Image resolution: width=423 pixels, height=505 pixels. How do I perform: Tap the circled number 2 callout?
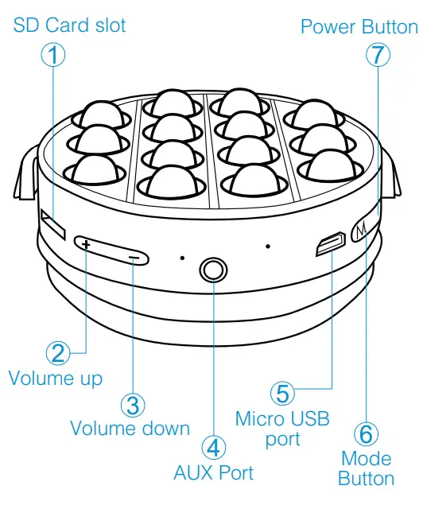[57, 353]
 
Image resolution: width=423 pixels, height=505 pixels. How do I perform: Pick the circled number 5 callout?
[283, 394]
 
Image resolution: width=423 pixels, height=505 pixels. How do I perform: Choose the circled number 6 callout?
[366, 434]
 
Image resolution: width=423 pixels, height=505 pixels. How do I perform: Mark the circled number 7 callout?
[378, 55]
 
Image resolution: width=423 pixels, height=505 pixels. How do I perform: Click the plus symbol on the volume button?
[85, 244]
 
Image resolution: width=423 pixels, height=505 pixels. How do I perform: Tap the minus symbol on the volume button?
[137, 258]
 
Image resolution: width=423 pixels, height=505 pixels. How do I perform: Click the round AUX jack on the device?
[212, 270]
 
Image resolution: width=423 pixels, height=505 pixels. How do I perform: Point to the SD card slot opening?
[53, 224]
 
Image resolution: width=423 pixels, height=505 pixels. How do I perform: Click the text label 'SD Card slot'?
[70, 25]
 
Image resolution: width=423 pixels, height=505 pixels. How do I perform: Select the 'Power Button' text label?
[359, 28]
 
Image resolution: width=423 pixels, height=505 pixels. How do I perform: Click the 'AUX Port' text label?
[214, 472]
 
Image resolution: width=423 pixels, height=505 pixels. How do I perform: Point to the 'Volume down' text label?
[130, 428]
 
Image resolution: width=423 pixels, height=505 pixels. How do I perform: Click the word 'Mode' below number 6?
[366, 459]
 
